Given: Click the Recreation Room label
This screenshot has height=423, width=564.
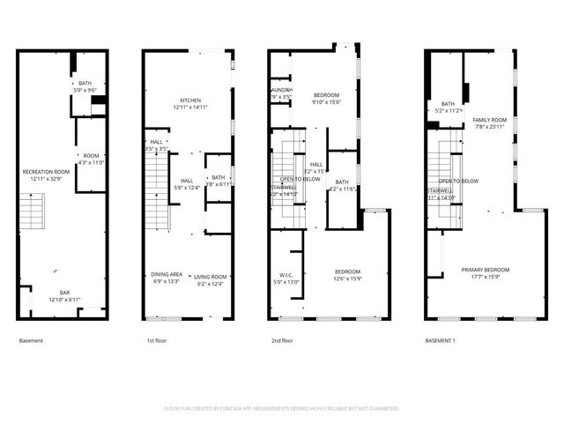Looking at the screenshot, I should [x=46, y=172].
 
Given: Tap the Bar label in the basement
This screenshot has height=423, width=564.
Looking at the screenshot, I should [x=64, y=293].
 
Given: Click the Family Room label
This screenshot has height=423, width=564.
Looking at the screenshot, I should [x=490, y=120].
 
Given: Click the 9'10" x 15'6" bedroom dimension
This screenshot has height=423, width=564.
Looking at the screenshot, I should [x=332, y=101].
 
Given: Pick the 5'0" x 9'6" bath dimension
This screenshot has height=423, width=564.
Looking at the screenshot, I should [x=85, y=90].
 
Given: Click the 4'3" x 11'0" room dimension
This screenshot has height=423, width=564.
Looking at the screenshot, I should [x=91, y=162].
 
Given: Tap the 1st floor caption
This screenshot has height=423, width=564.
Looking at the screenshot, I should [x=156, y=340].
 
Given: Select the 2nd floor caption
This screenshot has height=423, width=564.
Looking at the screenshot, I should [x=281, y=340].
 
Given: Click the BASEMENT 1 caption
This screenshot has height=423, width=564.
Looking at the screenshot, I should [x=441, y=340].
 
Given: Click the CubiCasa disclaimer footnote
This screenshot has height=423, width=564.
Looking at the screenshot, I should [x=282, y=409].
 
